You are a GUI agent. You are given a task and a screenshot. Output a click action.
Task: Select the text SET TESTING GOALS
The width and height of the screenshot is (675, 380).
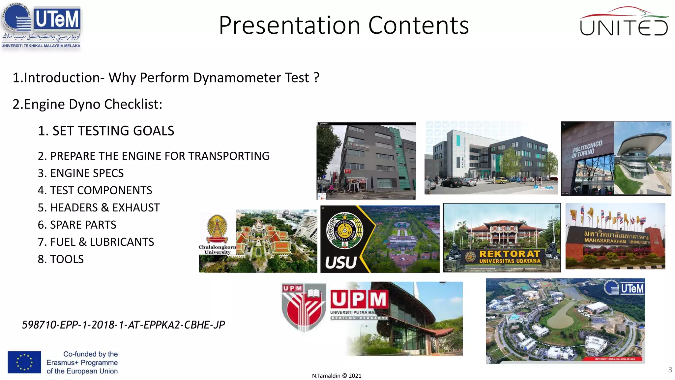pyautogui.click(x=113, y=131)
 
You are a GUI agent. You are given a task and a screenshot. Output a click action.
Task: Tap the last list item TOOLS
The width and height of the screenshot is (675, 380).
pyautogui.click(x=67, y=259)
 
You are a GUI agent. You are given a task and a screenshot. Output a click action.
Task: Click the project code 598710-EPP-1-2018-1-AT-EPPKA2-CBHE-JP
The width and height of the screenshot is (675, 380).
pyautogui.click(x=123, y=325)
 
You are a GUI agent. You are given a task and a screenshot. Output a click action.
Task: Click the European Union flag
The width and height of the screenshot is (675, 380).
pyautogui.click(x=24, y=362)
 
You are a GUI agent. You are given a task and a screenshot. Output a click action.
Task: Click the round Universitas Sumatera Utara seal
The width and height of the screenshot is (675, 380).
pyautogui.click(x=344, y=230)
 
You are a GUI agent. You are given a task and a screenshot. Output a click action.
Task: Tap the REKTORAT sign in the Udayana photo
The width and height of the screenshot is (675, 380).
pyautogui.click(x=509, y=254)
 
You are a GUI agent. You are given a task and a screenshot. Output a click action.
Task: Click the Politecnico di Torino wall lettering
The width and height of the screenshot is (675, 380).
pyautogui.click(x=587, y=149)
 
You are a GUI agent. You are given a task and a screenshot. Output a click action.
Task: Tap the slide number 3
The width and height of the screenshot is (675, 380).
pyautogui.click(x=670, y=369)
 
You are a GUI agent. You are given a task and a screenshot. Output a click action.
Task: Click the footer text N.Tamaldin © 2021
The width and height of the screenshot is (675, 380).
pyautogui.click(x=337, y=376)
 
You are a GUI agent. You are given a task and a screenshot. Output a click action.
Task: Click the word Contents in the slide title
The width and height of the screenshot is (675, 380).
pyautogui.click(x=418, y=25)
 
